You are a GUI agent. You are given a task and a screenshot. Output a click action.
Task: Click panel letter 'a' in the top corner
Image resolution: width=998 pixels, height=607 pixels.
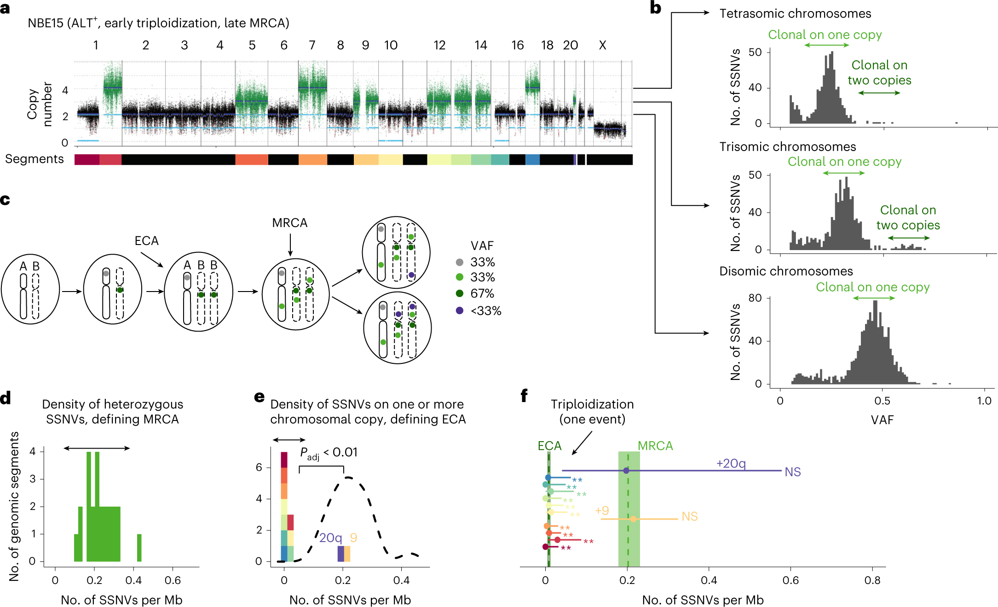click(5, 8)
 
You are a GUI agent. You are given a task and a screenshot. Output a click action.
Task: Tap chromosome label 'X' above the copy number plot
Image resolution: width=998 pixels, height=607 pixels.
click(602, 45)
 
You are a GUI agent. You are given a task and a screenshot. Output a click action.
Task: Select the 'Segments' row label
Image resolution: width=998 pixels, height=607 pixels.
click(35, 159)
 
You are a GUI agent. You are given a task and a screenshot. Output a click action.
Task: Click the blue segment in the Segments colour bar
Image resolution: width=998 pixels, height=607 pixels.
click(532, 159)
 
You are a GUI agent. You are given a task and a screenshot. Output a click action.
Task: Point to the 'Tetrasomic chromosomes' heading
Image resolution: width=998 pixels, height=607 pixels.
click(795, 14)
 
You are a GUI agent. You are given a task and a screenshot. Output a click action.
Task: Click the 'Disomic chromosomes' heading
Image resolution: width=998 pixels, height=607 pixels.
click(786, 271)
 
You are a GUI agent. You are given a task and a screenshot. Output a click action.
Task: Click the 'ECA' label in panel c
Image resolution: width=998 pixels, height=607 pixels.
click(146, 241)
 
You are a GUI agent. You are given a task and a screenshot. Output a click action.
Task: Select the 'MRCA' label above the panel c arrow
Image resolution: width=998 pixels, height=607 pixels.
click(289, 223)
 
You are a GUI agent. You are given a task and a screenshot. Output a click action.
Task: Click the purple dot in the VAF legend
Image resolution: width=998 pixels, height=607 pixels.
click(459, 310)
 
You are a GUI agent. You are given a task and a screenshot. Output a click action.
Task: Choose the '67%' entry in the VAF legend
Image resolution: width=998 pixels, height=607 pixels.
click(482, 293)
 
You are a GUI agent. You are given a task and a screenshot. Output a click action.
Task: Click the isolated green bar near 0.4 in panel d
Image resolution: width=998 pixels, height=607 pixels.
click(139, 548)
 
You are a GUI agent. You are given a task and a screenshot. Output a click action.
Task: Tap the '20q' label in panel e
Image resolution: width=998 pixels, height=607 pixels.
click(330, 538)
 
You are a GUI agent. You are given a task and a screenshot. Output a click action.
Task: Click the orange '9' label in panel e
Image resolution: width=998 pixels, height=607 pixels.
click(353, 538)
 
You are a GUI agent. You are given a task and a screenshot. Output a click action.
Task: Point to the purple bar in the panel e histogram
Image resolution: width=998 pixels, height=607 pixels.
click(340, 554)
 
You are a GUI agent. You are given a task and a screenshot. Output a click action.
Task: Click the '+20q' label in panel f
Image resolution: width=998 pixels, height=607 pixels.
click(731, 463)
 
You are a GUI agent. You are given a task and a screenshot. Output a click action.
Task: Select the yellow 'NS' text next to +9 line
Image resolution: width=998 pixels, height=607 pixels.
click(689, 517)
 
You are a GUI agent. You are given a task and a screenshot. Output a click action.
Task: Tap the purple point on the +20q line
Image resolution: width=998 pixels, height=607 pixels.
click(626, 471)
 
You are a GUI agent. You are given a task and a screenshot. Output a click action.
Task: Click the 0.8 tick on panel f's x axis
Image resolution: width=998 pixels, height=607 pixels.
click(872, 580)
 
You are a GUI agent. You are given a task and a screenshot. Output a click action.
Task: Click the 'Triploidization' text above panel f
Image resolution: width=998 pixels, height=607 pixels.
click(592, 404)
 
